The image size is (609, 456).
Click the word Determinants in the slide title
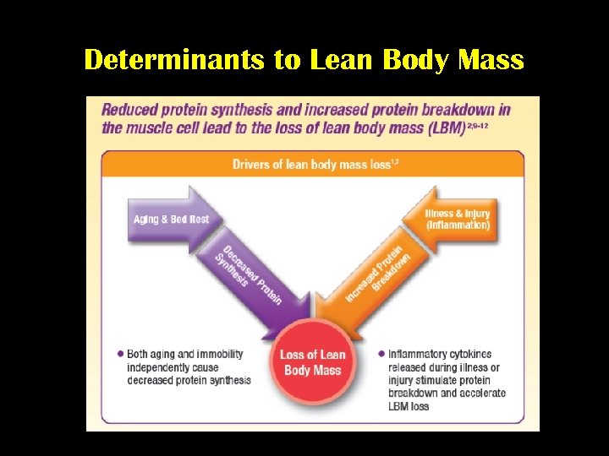(x=160, y=61)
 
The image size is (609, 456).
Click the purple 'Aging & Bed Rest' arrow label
(x=171, y=220)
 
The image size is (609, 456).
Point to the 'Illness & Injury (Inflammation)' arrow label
(x=458, y=220)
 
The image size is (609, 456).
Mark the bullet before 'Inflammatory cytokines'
(x=381, y=354)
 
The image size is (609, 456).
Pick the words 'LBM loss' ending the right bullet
(x=409, y=406)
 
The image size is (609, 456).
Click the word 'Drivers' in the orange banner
(x=252, y=164)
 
